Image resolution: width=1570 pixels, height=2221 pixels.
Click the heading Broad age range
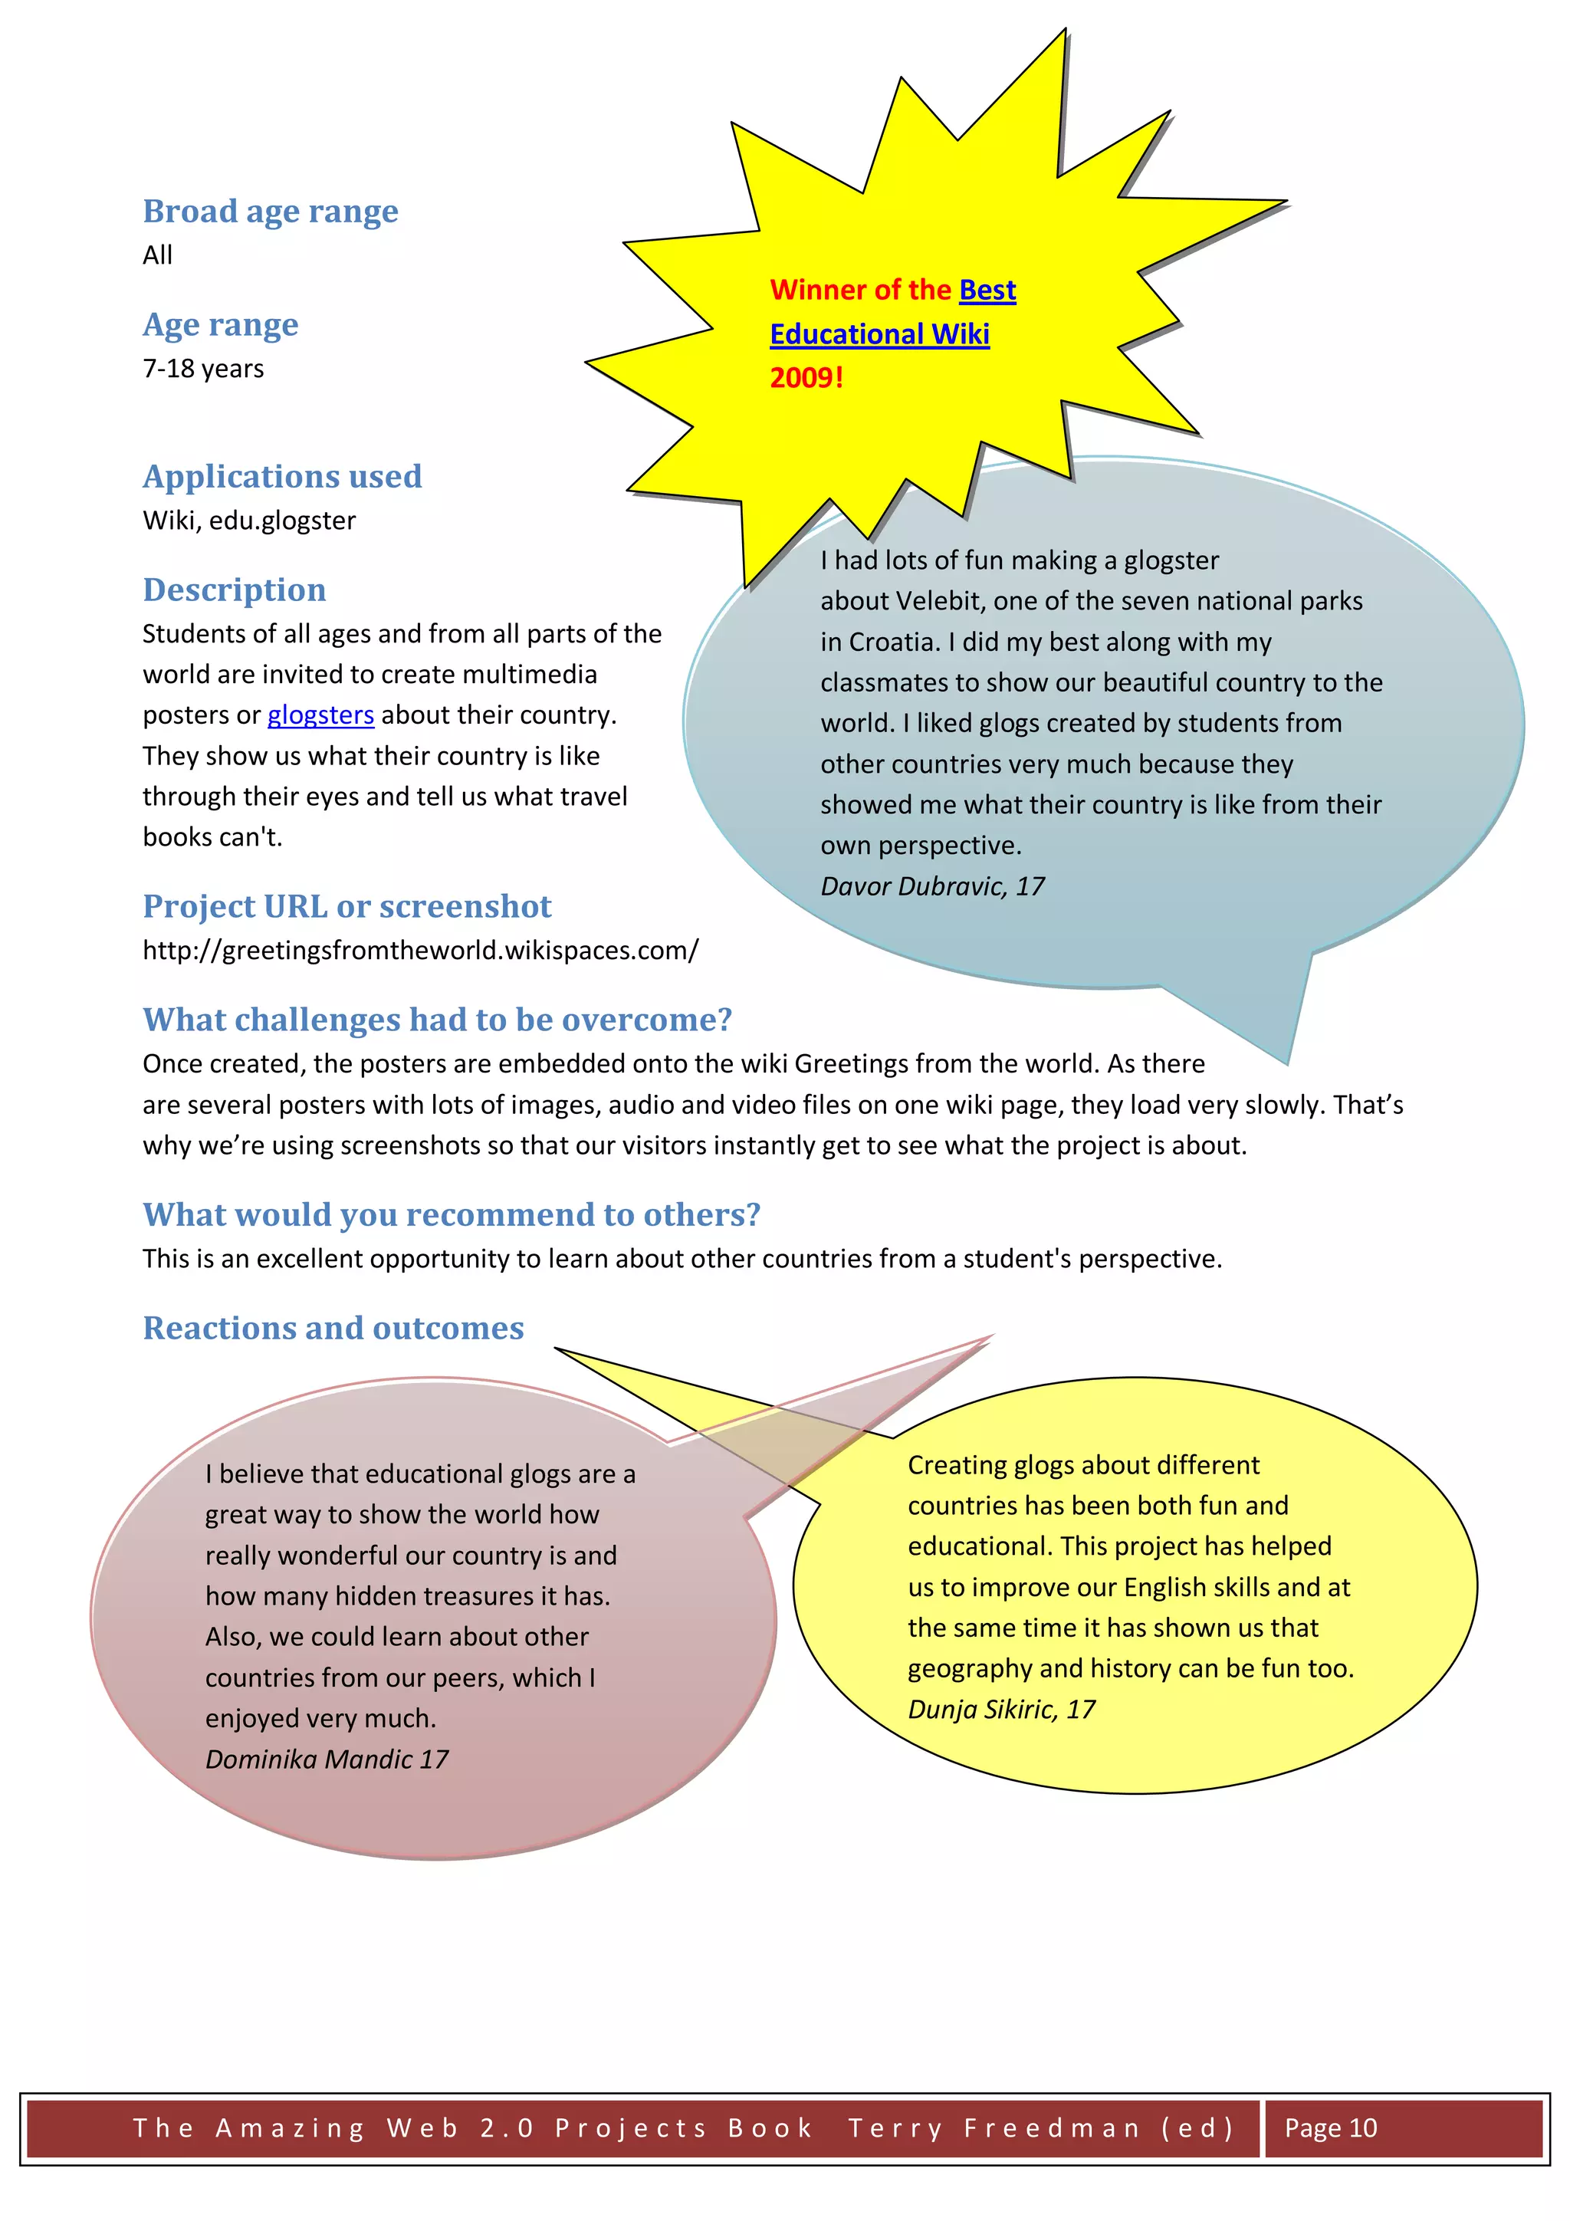coord(270,211)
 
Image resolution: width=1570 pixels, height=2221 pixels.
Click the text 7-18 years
coord(203,369)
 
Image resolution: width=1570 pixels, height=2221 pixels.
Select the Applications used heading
coord(282,476)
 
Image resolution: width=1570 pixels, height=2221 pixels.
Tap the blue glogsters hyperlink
coord(320,715)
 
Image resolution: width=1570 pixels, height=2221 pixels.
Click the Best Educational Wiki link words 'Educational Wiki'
coord(879,335)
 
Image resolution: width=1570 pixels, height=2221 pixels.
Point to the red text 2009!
coord(806,377)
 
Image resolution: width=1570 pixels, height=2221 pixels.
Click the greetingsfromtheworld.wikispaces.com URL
coord(420,950)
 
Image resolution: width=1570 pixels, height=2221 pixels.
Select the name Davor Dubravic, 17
coord(931,886)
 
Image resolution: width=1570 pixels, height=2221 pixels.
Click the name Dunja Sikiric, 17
coord(1000,1710)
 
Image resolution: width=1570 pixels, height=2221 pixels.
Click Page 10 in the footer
coord(1330,2127)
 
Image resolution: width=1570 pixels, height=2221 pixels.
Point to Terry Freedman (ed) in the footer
coord(1041,2127)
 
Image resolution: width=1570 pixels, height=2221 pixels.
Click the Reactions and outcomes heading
coord(333,1328)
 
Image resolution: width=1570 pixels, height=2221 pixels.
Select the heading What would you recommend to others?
coord(451,1215)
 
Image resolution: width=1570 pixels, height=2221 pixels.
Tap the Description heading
coord(234,590)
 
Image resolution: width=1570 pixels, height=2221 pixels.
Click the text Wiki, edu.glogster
coord(248,521)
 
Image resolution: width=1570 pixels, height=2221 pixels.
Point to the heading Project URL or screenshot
coord(347,906)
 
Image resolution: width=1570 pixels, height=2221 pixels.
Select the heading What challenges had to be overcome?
coord(437,1020)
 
